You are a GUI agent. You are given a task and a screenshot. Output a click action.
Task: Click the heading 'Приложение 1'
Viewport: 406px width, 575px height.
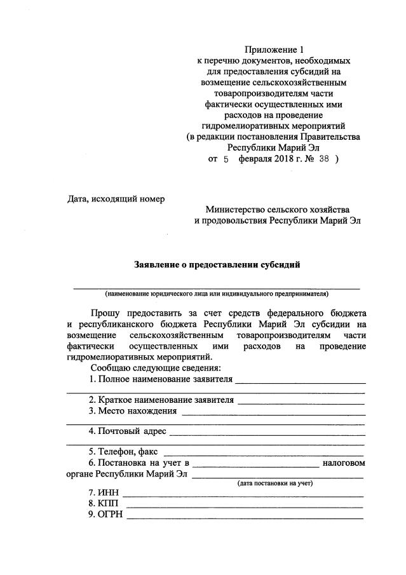tap(271, 50)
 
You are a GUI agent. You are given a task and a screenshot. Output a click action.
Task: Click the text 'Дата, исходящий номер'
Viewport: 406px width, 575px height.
tap(116, 199)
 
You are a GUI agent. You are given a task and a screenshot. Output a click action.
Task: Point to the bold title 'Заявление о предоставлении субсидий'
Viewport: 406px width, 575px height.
tap(217, 264)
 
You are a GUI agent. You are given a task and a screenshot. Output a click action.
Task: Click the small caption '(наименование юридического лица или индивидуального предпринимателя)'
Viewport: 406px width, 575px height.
tap(217, 295)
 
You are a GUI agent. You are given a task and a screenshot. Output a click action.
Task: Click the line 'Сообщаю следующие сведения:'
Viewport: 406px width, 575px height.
tap(156, 369)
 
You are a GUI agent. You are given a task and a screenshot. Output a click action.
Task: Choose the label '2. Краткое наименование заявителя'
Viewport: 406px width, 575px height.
tap(162, 400)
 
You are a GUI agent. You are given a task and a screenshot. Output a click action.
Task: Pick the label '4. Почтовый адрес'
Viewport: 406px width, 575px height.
tap(128, 431)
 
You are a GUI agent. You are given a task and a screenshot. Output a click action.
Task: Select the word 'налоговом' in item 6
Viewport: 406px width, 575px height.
tap(344, 463)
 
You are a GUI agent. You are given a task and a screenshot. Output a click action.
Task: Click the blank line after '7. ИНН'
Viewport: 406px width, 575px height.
tap(243, 494)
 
